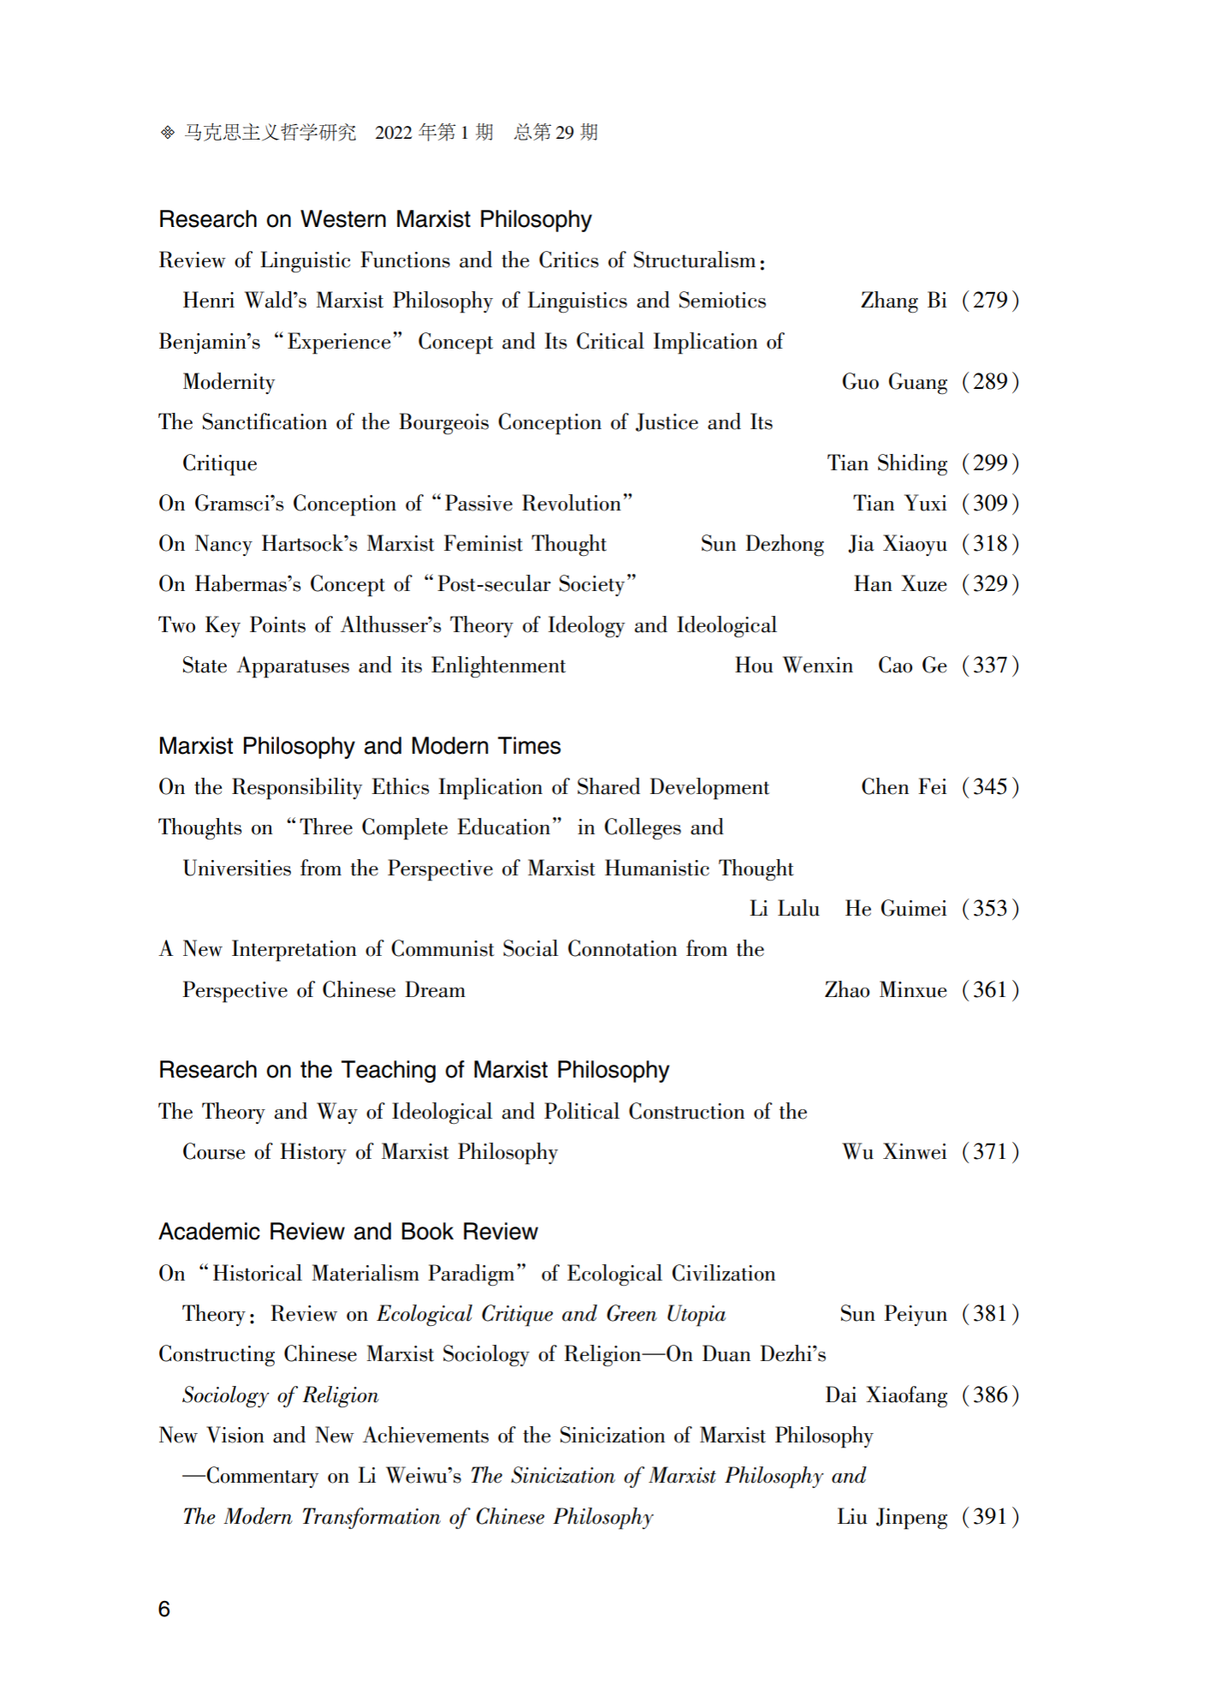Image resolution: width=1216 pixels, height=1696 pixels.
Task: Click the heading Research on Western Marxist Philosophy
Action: (375, 220)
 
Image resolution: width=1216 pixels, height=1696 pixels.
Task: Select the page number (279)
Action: (990, 301)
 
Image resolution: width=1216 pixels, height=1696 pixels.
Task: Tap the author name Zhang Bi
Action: (903, 301)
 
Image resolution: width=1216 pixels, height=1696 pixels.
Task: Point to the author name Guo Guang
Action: (894, 382)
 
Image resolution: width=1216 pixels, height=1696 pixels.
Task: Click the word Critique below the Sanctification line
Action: (220, 463)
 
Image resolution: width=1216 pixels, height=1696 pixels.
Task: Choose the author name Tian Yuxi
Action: (900, 504)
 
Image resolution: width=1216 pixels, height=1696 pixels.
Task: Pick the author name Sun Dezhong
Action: (762, 544)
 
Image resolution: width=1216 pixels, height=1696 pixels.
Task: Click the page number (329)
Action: (990, 584)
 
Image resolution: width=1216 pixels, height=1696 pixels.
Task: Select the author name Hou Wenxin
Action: (794, 666)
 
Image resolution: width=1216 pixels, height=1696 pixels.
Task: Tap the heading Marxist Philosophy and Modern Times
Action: (360, 746)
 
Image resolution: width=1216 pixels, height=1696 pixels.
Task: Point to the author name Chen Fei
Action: (903, 787)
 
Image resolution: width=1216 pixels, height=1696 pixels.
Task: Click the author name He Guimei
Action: (896, 909)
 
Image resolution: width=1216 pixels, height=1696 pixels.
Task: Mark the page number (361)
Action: (990, 990)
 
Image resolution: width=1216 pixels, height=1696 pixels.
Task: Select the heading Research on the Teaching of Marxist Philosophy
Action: (414, 1070)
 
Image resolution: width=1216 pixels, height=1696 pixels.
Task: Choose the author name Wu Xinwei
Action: (894, 1152)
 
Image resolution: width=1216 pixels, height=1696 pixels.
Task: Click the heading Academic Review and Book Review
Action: (348, 1232)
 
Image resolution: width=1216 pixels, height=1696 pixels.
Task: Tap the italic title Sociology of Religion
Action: (280, 1395)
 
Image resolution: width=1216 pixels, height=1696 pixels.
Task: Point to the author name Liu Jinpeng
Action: (891, 1517)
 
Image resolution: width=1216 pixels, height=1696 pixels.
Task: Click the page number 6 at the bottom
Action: (164, 1609)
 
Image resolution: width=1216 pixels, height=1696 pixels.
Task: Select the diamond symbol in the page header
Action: (168, 133)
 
